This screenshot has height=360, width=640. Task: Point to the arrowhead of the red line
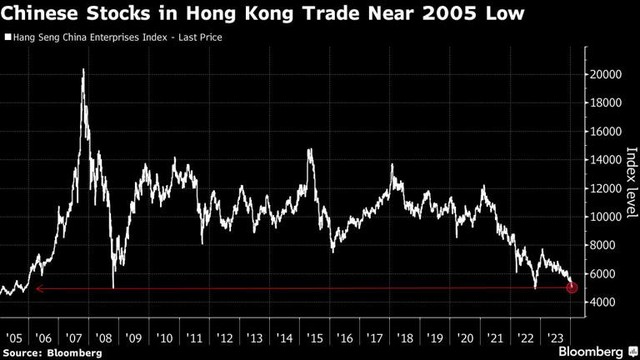click(38, 289)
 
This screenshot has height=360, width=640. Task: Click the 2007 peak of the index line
click(83, 69)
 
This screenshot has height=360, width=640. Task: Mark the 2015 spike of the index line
click(311, 150)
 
